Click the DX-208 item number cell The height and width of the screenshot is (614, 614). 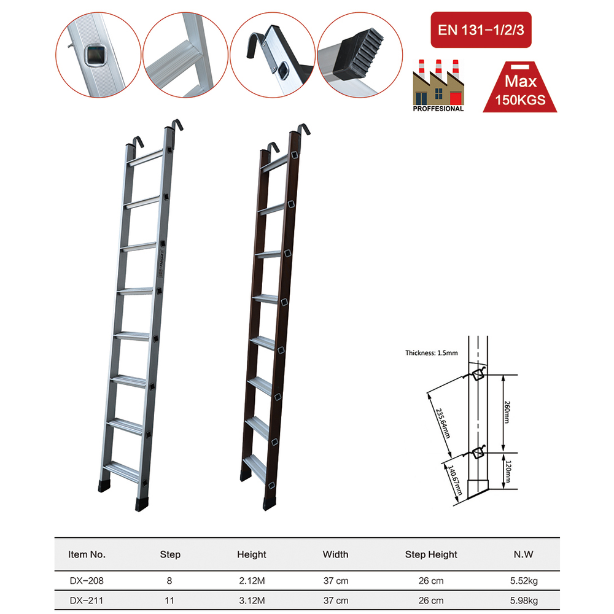pyautogui.click(x=87, y=580)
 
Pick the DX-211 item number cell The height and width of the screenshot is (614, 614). pyautogui.click(x=87, y=600)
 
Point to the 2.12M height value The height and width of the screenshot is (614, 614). pyautogui.click(x=252, y=580)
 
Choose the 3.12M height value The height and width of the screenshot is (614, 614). pyautogui.click(x=252, y=600)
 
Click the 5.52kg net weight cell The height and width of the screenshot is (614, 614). pyautogui.click(x=523, y=580)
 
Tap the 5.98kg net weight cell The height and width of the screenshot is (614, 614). pyautogui.click(x=523, y=600)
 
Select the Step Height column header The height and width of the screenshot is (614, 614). pyautogui.click(x=431, y=554)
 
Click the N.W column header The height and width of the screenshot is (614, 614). pyautogui.click(x=523, y=554)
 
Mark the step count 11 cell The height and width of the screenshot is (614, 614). pyautogui.click(x=170, y=600)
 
